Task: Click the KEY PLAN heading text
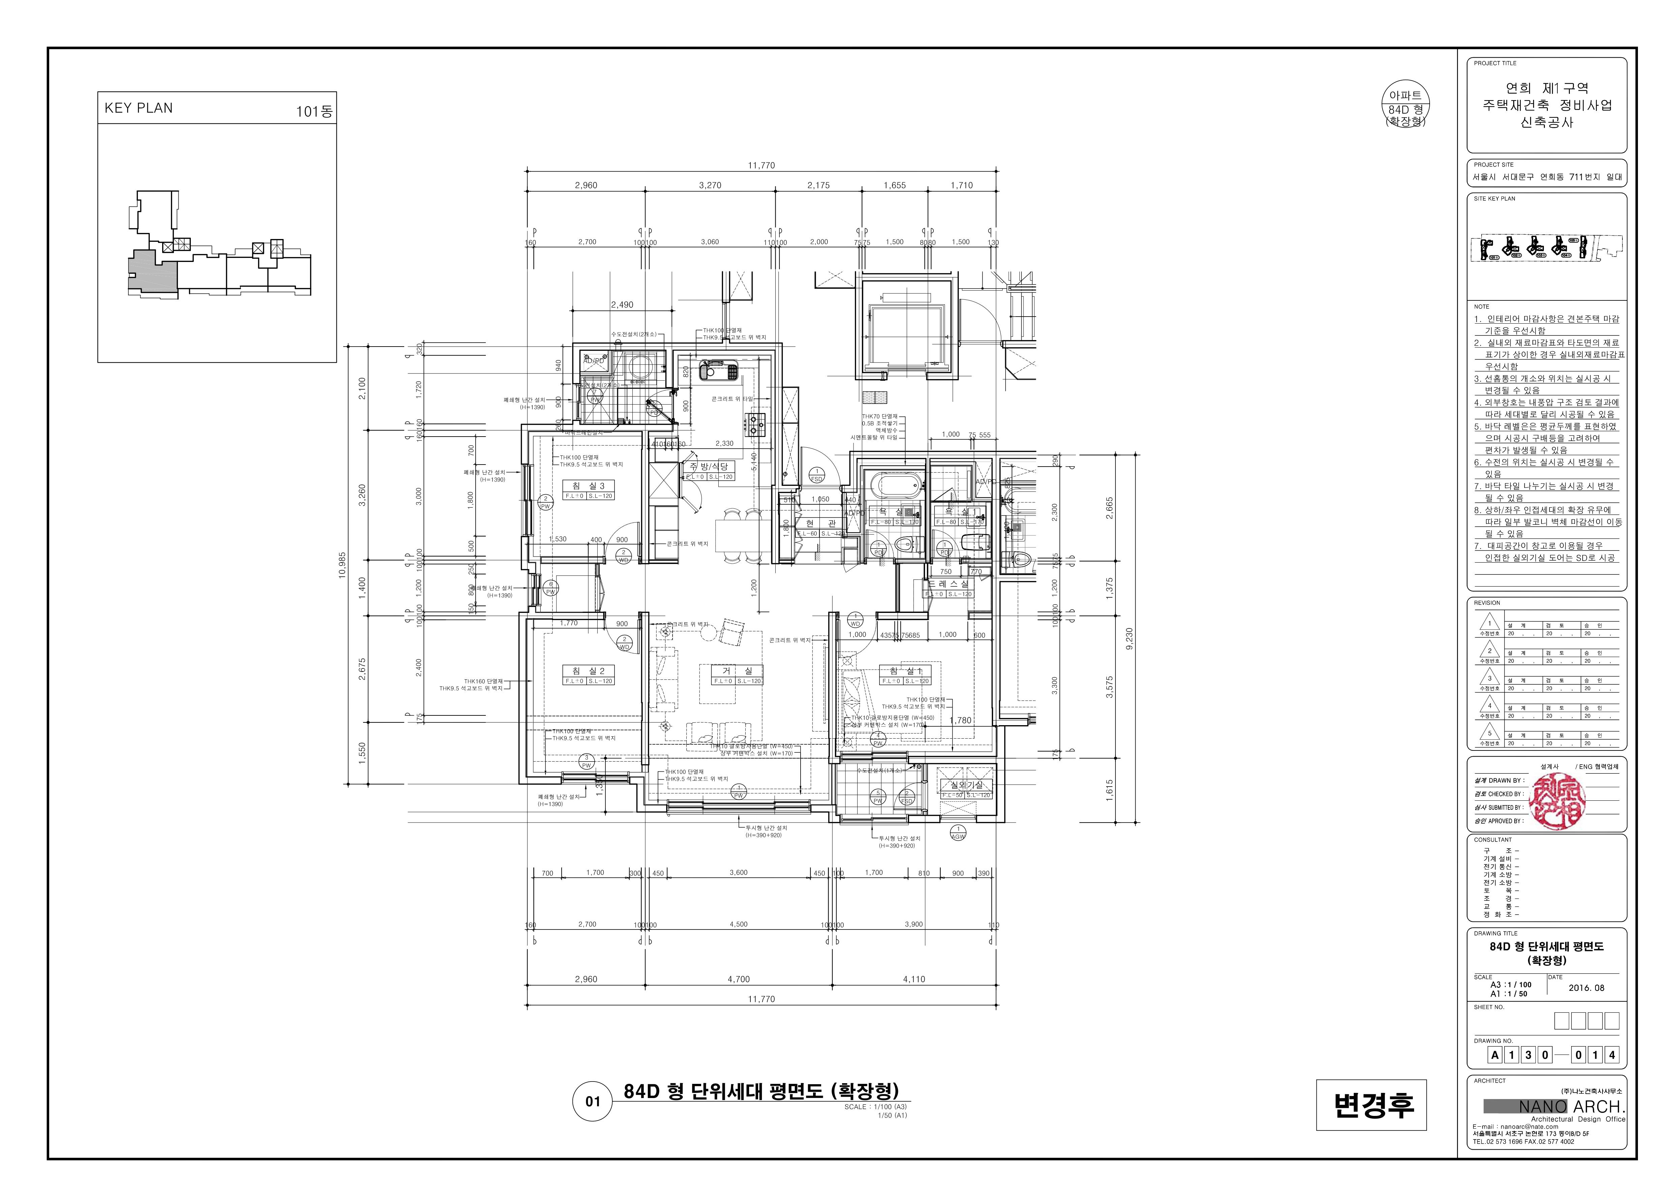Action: tap(139, 108)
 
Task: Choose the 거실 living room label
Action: tap(738, 671)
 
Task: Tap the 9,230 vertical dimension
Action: tap(1129, 639)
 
